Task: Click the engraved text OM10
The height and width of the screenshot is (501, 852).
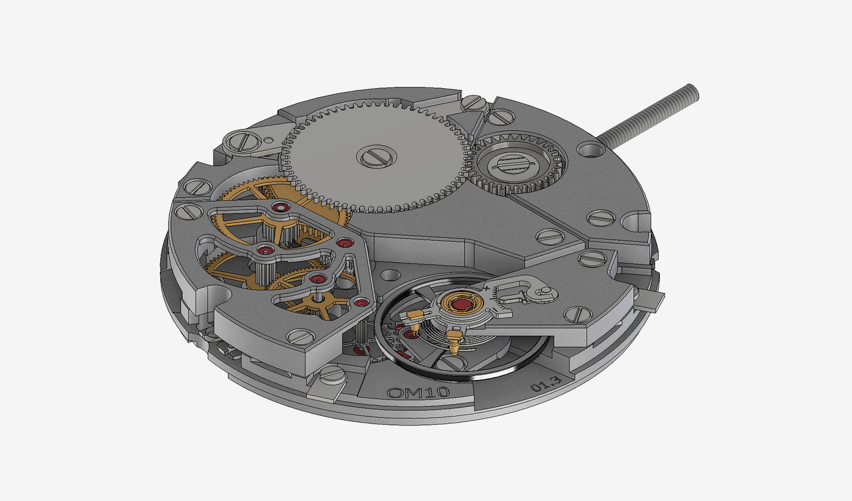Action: (418, 392)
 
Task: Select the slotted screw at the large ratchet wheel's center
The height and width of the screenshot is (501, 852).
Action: (377, 156)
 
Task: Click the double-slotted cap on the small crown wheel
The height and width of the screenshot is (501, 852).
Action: (514, 165)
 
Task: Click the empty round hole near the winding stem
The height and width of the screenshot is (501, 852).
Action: (589, 151)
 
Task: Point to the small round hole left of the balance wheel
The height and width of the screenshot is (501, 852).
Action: (389, 276)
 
